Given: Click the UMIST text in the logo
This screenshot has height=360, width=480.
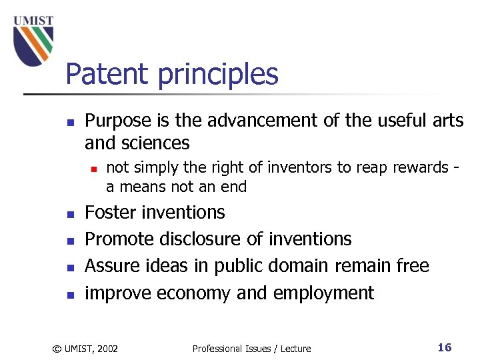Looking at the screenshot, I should coord(33,20).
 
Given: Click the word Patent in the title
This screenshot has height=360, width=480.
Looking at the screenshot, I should coord(108,74).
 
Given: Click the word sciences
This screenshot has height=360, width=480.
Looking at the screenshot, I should coord(156,143).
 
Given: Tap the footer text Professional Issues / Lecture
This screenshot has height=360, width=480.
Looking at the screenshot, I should coord(251,348).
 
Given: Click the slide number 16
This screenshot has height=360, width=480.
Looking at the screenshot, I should coord(445,347).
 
